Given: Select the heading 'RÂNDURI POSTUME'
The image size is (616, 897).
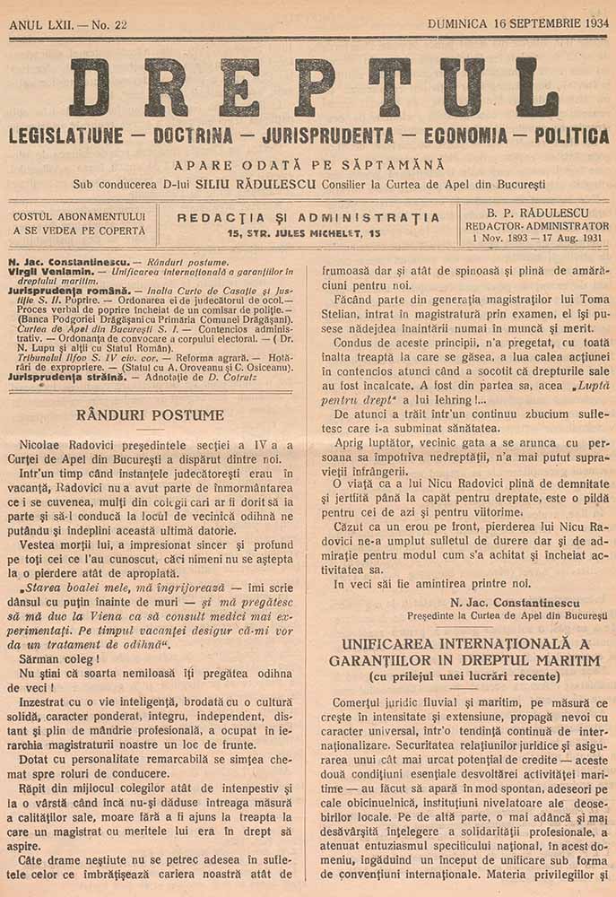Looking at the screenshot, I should coord(150,415).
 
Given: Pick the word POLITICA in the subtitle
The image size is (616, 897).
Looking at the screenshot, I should coord(571,137).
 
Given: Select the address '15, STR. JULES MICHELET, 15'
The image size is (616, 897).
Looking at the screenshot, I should coord(305,233).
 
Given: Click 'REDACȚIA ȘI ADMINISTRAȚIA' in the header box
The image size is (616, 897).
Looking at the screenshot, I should coord(308,217).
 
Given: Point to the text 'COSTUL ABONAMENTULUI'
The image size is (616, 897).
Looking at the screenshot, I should coord(79,216).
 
